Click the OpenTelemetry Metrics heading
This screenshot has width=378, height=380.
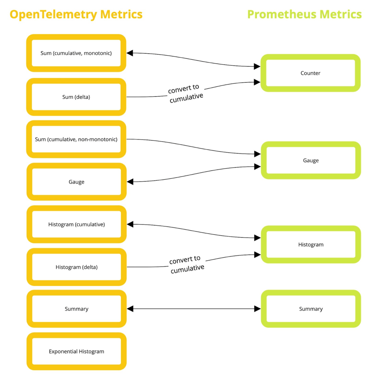point(76,14)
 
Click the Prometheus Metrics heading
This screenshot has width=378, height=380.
point(304,14)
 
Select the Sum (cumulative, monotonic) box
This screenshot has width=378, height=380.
point(76,53)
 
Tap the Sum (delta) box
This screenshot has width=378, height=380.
point(76,97)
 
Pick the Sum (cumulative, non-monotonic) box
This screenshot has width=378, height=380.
point(76,139)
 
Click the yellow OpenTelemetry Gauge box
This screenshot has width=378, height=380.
point(77,182)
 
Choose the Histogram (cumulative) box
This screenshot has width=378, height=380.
point(77,224)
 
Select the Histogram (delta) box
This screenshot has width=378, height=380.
point(77,267)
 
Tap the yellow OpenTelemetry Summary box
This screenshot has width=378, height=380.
point(77,309)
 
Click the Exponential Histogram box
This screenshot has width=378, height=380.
point(77,351)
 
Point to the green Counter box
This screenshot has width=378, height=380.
point(310,73)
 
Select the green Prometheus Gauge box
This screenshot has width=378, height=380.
point(311,160)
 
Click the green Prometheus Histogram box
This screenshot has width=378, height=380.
point(311,244)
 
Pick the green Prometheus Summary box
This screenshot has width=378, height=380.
point(311,309)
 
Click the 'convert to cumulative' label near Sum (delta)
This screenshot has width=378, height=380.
point(185,93)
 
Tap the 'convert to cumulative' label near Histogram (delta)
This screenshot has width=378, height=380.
point(186,265)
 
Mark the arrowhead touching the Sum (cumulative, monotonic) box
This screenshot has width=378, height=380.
point(130,53)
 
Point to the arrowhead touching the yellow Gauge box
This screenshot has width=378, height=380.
point(130,182)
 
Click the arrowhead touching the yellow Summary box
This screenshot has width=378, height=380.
point(130,309)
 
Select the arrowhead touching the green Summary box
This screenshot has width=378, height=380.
point(257,309)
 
